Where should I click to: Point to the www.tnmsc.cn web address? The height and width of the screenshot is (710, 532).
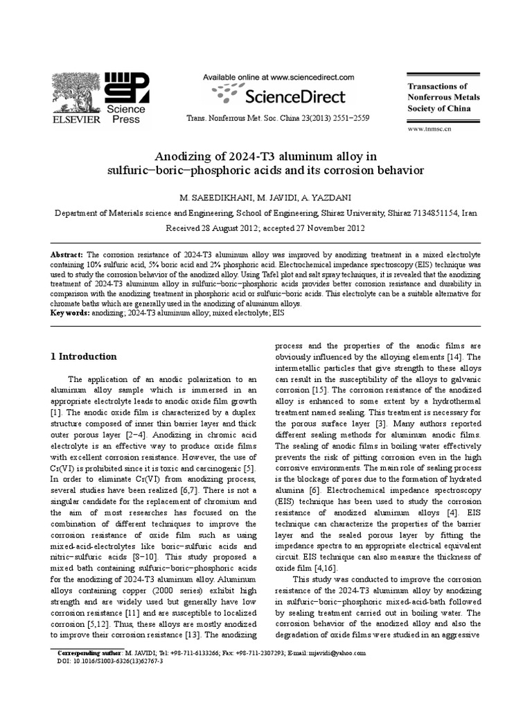point(429,129)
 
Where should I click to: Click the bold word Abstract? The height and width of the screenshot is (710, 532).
point(67,255)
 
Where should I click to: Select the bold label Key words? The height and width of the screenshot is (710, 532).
point(71,313)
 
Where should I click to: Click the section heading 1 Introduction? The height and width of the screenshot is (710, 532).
point(84,356)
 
